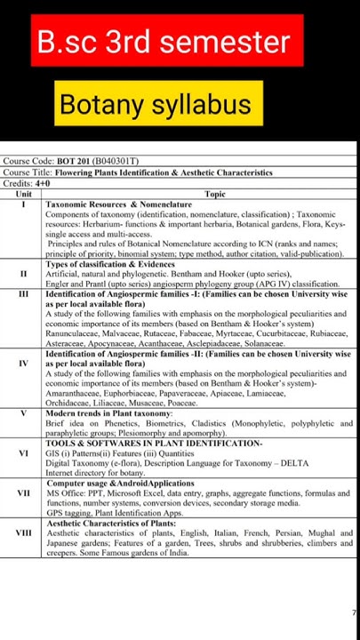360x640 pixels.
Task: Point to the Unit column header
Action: coord(24,193)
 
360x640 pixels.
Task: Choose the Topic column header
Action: coord(214,193)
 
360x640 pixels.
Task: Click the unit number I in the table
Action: coord(24,204)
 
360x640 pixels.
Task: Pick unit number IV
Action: coord(24,364)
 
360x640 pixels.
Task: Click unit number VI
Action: coord(24,452)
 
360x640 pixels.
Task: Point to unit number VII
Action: coord(24,492)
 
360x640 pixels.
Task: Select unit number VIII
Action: coord(24,532)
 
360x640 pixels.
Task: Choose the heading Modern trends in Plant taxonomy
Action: coord(108,413)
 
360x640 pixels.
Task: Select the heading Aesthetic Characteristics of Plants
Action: coord(111,523)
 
